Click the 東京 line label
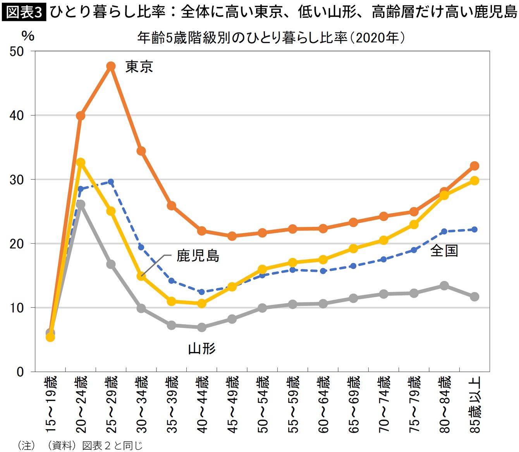(x=139, y=67)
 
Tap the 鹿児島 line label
(x=198, y=255)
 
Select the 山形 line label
(x=202, y=348)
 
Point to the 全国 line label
(x=444, y=251)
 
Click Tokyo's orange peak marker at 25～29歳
(x=111, y=66)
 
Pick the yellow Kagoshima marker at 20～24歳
(x=81, y=162)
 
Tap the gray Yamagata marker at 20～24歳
(x=81, y=204)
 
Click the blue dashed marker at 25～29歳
(x=111, y=182)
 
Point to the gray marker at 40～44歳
(x=202, y=327)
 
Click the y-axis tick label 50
(x=17, y=52)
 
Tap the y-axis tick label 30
(x=17, y=180)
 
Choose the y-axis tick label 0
(x=20, y=372)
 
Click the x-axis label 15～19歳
(x=51, y=404)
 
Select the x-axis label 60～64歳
(x=323, y=404)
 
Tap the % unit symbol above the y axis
(x=28, y=36)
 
